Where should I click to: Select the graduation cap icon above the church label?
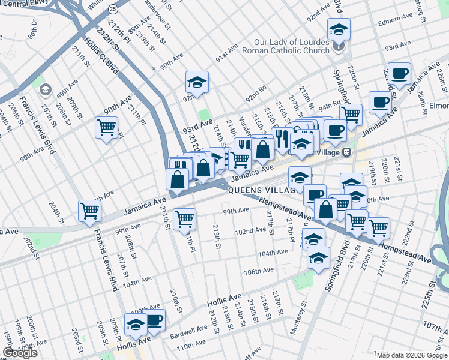click(339, 29)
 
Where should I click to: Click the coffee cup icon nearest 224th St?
click(399, 74)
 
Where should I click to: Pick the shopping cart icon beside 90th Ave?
click(106, 127)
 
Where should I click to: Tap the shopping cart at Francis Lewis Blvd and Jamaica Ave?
click(89, 211)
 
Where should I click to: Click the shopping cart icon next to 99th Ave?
click(184, 219)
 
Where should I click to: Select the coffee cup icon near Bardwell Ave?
click(154, 320)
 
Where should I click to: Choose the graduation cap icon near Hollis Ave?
click(136, 325)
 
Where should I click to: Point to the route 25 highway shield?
click(113, 10)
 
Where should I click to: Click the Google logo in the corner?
click(20, 353)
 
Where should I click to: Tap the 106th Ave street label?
click(259, 271)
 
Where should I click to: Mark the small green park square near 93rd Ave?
click(205, 115)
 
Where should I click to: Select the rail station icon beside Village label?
click(346, 152)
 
